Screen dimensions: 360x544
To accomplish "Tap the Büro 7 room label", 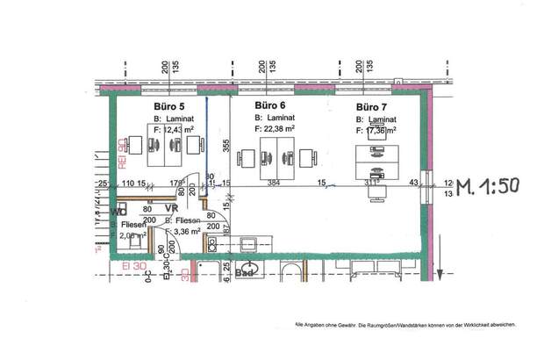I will tap(372, 106).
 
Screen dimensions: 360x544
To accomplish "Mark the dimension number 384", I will tap(272, 183).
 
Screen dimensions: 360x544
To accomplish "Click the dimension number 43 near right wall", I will tap(413, 183).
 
